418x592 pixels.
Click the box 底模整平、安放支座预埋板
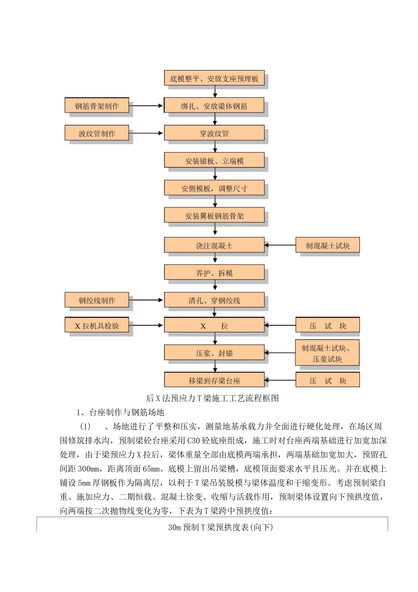click(x=214, y=79)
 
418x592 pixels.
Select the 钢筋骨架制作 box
click(x=97, y=106)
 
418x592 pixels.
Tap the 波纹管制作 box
click(x=97, y=133)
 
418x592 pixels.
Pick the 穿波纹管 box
click(x=214, y=133)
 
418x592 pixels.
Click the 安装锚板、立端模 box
click(x=214, y=161)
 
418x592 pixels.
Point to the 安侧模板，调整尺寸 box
click(x=214, y=188)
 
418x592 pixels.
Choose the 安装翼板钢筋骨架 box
click(x=214, y=216)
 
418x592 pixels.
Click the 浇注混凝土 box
click(x=214, y=245)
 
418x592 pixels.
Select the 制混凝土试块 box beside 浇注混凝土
click(x=327, y=245)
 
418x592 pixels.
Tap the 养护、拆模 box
click(x=214, y=273)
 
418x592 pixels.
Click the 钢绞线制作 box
click(x=97, y=300)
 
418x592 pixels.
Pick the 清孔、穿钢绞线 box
click(x=214, y=300)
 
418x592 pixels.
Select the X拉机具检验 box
click(x=97, y=326)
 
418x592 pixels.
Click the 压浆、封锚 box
click(x=214, y=353)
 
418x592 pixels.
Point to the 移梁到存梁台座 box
click(x=214, y=380)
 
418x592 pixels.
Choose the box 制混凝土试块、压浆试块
click(x=327, y=353)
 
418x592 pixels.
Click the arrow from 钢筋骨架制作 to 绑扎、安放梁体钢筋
click(x=147, y=106)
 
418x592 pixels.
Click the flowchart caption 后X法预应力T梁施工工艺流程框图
click(x=213, y=398)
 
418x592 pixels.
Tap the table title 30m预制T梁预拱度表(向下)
click(x=220, y=527)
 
